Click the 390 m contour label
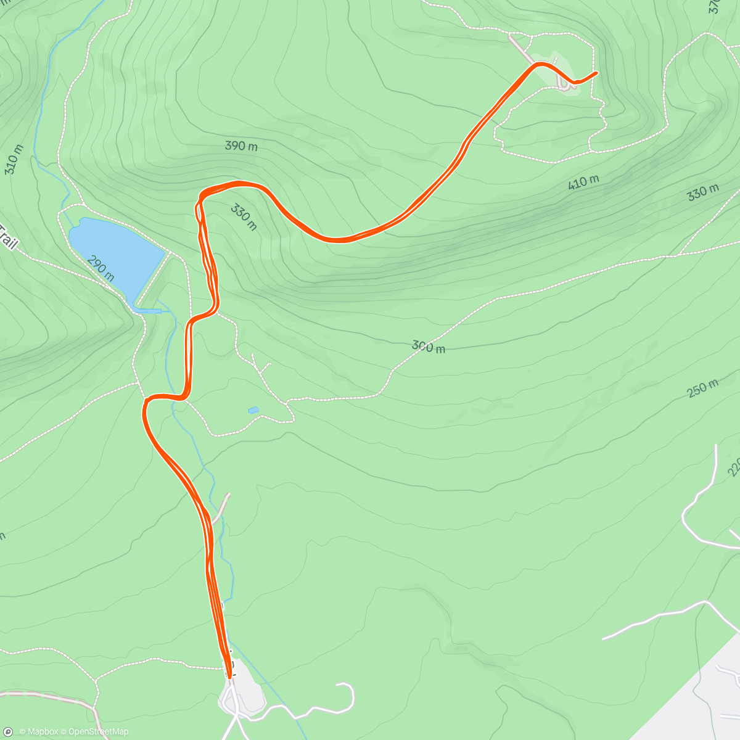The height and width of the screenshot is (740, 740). [x=241, y=146]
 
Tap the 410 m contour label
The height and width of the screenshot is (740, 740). [x=583, y=182]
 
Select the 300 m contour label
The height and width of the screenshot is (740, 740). [x=429, y=347]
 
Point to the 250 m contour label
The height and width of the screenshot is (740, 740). [x=702, y=388]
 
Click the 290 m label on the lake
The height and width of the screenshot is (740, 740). [x=101, y=269]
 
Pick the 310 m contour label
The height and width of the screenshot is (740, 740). [x=14, y=159]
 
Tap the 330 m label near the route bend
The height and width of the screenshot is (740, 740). [x=244, y=217]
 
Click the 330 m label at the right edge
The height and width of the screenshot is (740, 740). [x=702, y=192]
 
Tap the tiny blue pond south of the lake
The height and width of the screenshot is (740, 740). [x=253, y=410]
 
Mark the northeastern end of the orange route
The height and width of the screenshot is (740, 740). [x=596, y=73]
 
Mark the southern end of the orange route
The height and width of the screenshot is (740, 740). [x=229, y=676]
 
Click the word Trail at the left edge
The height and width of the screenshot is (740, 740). [x=8, y=237]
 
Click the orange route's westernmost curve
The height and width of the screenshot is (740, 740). [x=146, y=407]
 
